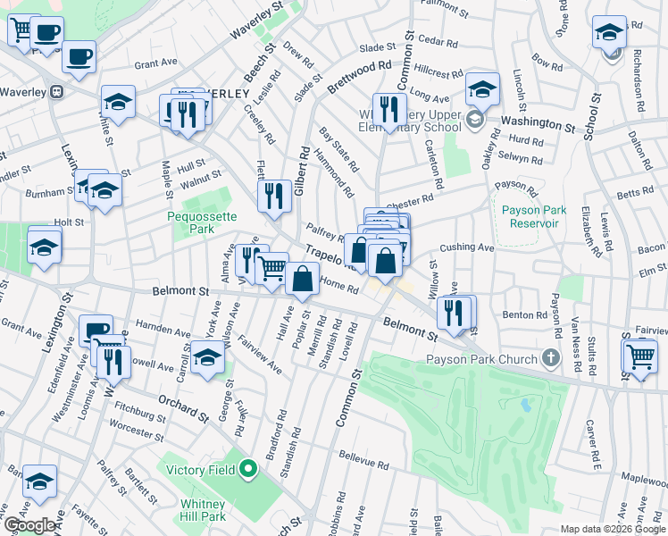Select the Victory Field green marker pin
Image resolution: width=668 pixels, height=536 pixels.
coord(249,469)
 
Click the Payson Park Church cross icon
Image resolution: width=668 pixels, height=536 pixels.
coord(550,360)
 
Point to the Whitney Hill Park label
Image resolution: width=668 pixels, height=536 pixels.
coord(202,510)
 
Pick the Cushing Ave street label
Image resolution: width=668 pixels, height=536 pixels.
coord(466,247)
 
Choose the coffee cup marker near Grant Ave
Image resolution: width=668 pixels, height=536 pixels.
coord(79,56)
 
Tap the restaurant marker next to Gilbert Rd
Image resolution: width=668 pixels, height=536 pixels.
coord(274,196)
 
